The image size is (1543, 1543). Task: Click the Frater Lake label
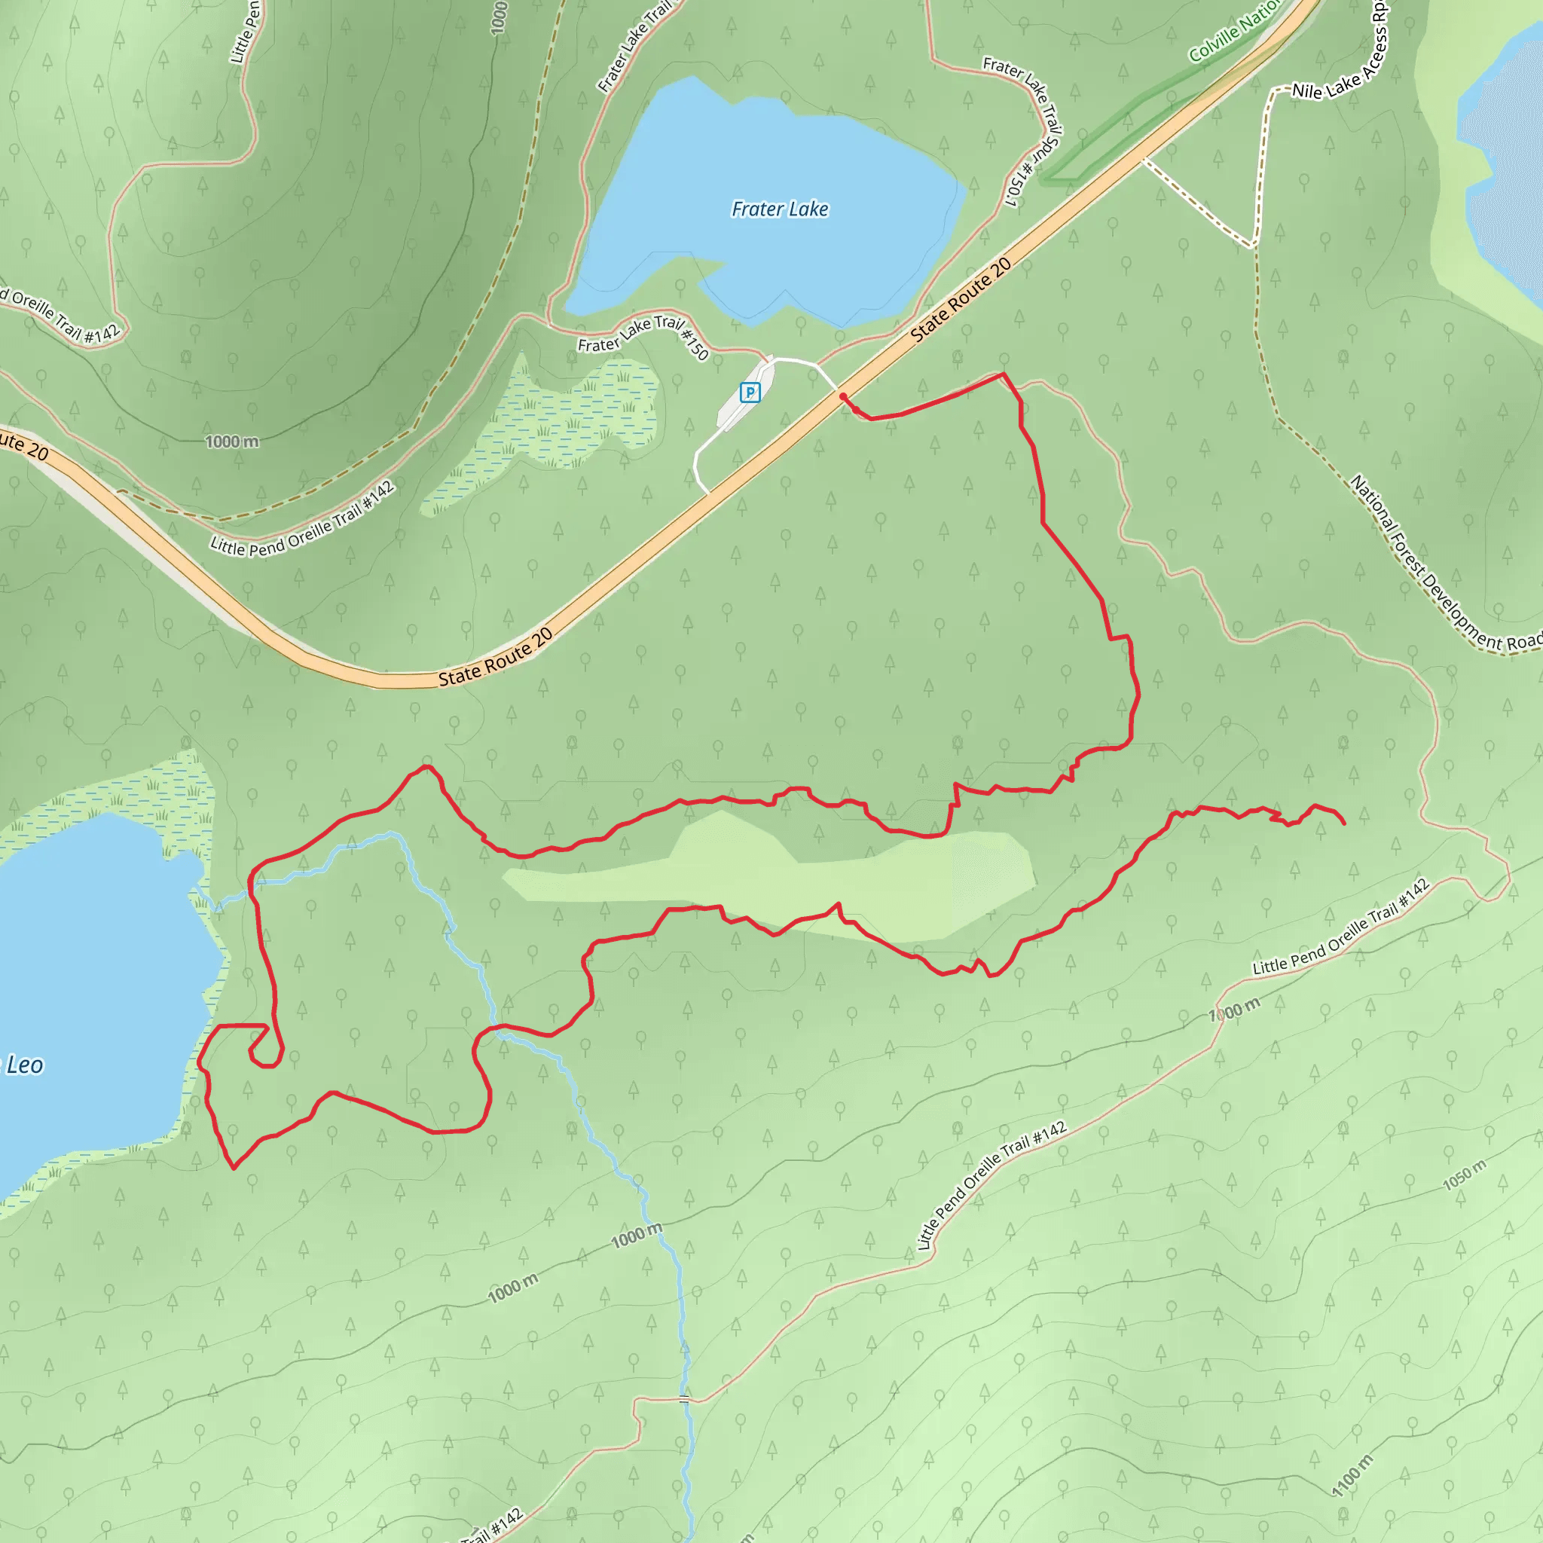click(780, 209)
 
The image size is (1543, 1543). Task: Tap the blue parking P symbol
click(749, 392)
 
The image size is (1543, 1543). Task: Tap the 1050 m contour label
click(1464, 1175)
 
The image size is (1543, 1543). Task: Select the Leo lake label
click(24, 1065)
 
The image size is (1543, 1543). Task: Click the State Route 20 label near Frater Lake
click(961, 300)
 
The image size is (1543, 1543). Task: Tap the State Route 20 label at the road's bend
click(495, 657)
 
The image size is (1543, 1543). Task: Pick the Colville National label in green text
click(1234, 30)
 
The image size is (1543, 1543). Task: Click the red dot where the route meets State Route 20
click(843, 396)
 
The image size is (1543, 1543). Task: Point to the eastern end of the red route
click(1344, 823)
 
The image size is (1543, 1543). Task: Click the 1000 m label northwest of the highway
click(231, 442)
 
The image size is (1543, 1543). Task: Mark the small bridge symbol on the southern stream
click(683, 1398)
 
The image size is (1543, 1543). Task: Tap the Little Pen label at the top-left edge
click(245, 32)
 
